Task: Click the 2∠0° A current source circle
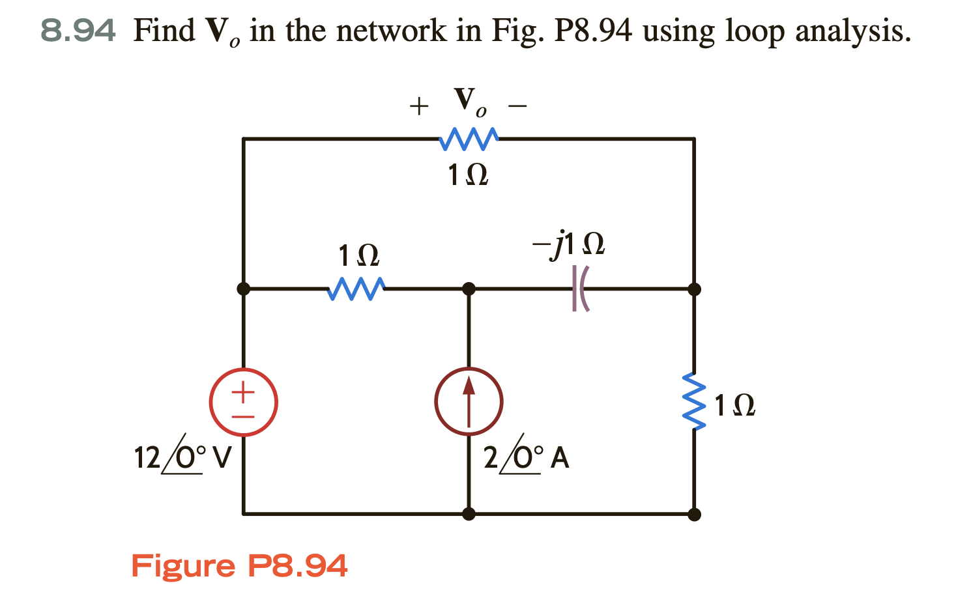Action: coord(469,402)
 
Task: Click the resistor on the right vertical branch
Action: coord(694,402)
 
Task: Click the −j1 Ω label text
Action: coord(568,244)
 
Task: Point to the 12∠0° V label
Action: coord(182,457)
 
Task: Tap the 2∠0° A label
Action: coord(526,457)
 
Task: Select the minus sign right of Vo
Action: coord(517,106)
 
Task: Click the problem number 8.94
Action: coord(78,31)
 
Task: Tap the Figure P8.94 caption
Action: coord(239,565)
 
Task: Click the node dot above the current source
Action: coord(469,288)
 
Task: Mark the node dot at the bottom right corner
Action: coord(694,514)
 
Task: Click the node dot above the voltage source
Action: coord(243,288)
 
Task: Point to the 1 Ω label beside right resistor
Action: coord(734,406)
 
